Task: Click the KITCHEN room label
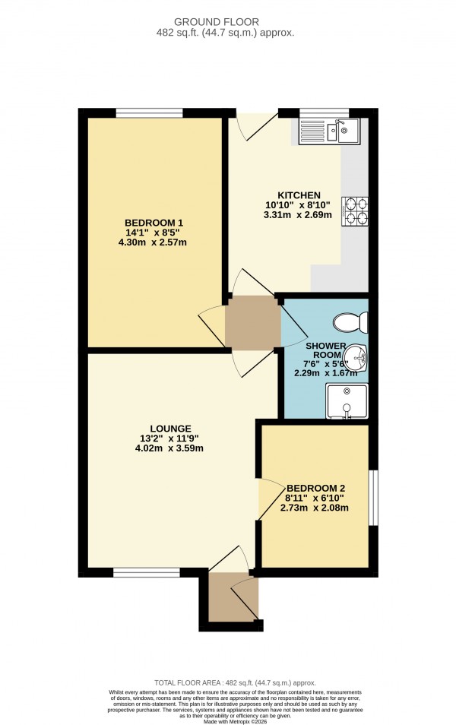click(293, 195)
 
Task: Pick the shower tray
click(347, 401)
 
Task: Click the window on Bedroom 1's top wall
click(149, 113)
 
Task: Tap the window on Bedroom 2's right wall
click(373, 498)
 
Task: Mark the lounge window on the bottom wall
click(147, 573)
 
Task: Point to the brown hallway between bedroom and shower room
click(252, 323)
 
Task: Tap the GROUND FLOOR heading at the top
click(228, 23)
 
